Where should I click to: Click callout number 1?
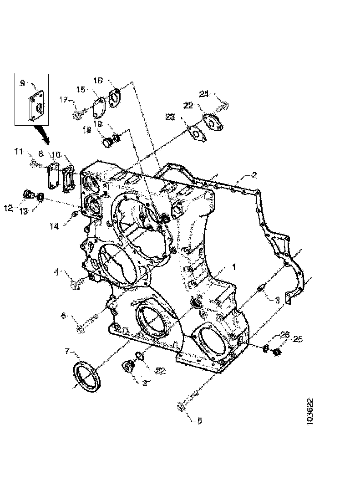pos(234,267)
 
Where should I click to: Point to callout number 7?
pos(67,352)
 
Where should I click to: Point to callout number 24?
pos(204,94)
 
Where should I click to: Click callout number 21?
pos(146,383)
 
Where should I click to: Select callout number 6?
pos(63,315)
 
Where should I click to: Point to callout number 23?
pos(170,117)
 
